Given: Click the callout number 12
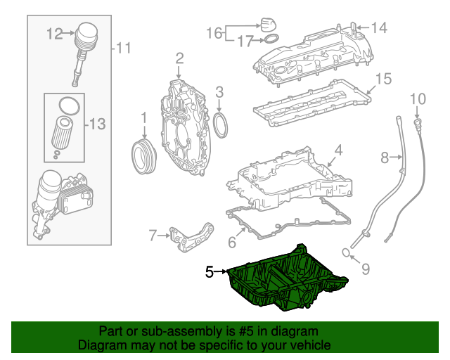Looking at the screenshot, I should point(54,32).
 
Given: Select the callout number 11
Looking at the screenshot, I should point(124,48).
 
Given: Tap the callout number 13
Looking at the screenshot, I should point(97,124).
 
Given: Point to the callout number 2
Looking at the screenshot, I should point(179,58).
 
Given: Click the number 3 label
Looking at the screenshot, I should point(219,91).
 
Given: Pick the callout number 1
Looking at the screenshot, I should point(143,116).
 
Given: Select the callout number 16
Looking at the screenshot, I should point(214,32).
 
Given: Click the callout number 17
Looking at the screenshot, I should point(244,41).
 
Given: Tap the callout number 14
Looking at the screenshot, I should point(380,28).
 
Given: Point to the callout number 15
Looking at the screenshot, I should point(382,79).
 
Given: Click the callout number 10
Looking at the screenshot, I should point(418,98).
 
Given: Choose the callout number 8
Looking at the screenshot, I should point(385,158).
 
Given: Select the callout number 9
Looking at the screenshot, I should point(365,267).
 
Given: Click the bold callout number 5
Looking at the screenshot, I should point(209,271).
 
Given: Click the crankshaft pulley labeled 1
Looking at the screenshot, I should point(143,156).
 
